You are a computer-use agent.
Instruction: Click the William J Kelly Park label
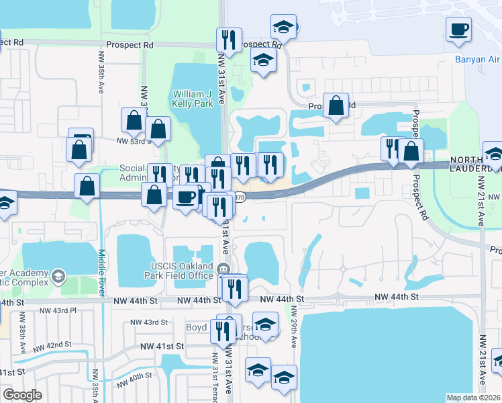point(193,99)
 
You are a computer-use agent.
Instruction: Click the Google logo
point(22,394)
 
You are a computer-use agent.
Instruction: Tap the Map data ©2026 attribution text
point(473,398)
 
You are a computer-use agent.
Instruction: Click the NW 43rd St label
point(149,322)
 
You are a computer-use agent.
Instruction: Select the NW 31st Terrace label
point(215,376)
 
